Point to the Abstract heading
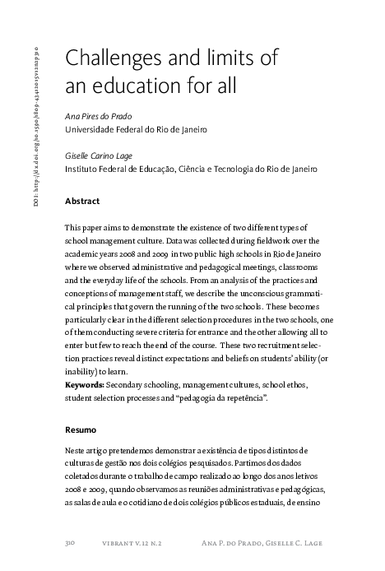(82, 201)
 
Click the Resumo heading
(81, 429)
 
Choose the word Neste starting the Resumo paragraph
(76, 450)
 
